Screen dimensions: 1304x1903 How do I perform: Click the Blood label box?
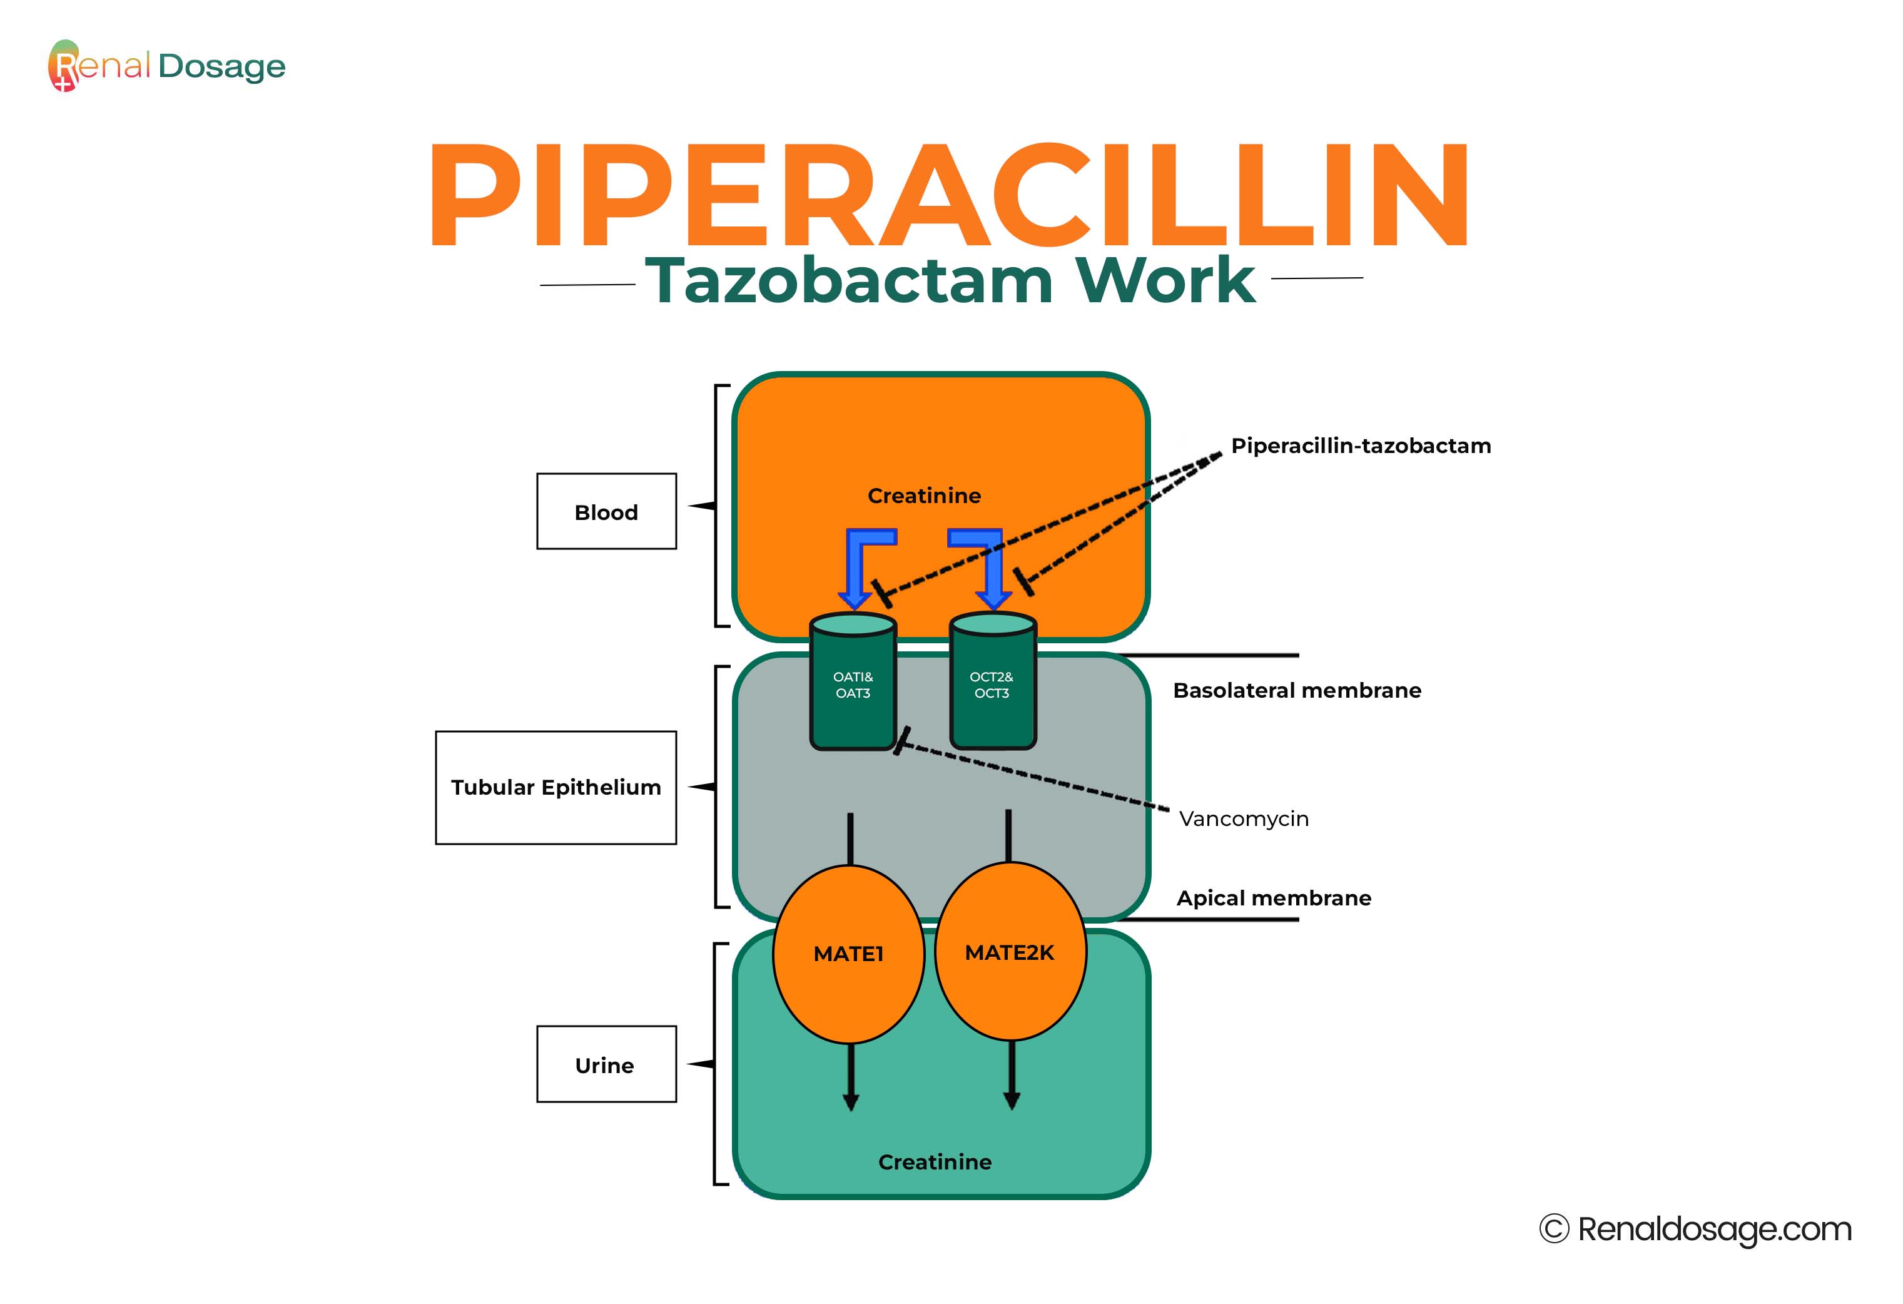pos(606,511)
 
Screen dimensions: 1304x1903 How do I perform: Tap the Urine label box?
pos(606,1064)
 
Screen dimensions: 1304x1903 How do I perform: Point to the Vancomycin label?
pos(1243,818)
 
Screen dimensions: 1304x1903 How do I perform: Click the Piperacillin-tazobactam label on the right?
pos(1361,446)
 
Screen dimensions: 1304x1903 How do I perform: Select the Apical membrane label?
pos(1273,898)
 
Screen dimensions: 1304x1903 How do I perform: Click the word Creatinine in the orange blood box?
pos(923,496)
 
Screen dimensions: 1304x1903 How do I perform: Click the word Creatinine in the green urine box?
pos(935,1161)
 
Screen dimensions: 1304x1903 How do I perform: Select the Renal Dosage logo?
pos(168,66)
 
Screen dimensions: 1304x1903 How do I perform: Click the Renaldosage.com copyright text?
pos(1696,1229)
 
